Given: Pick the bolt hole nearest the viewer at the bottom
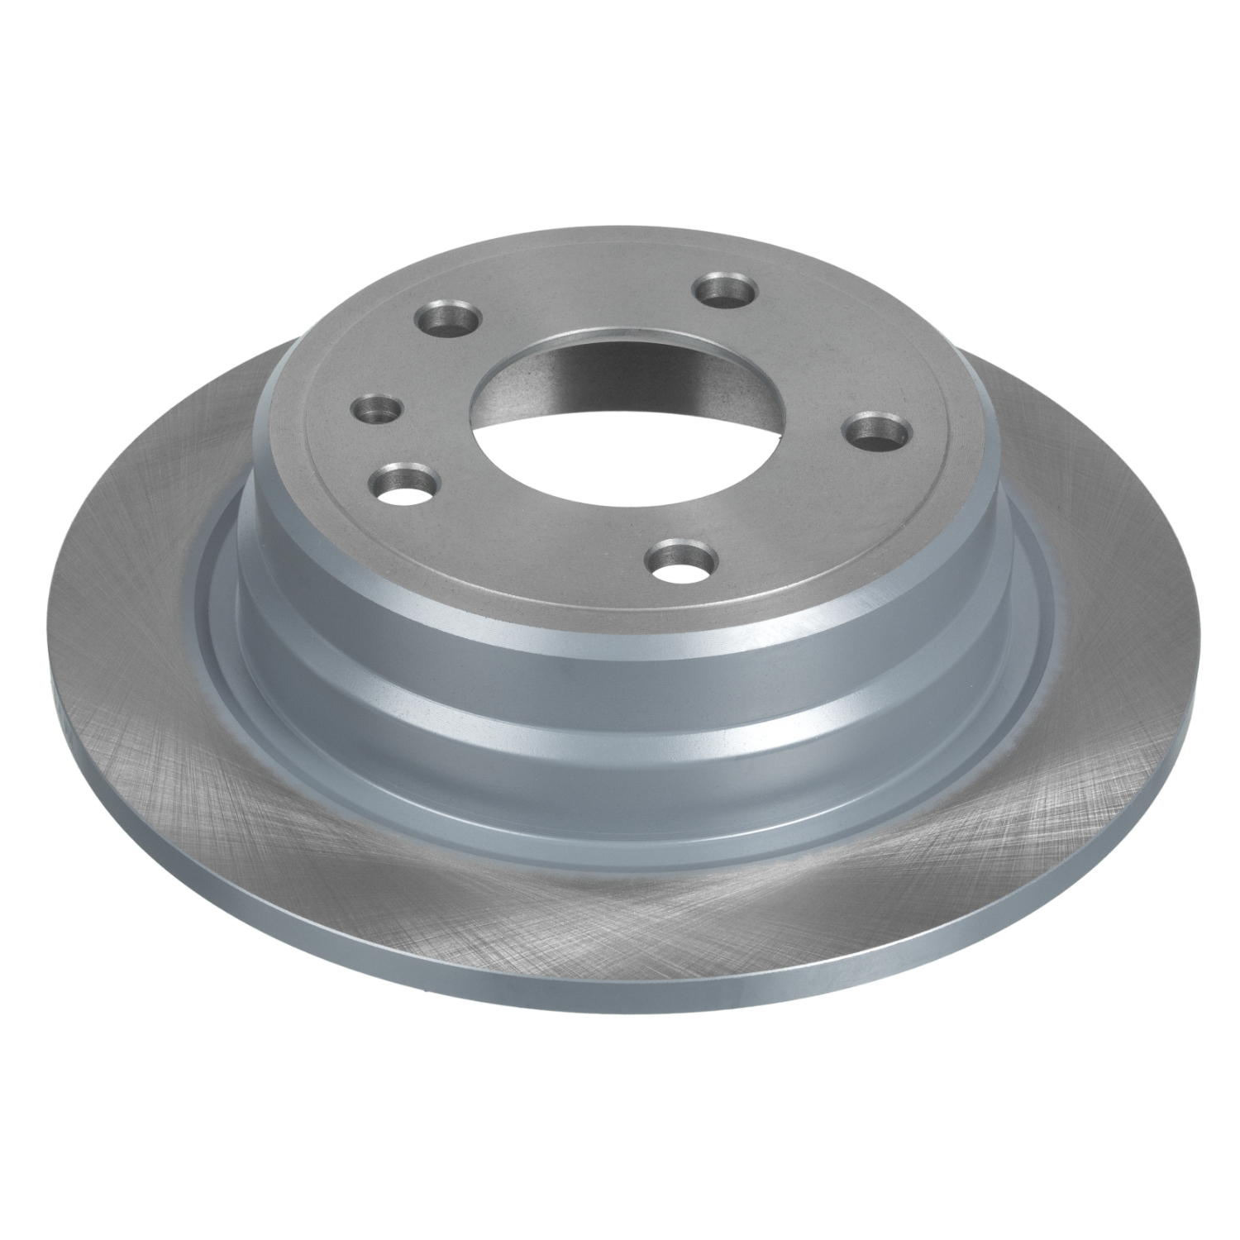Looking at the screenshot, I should tap(678, 560).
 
